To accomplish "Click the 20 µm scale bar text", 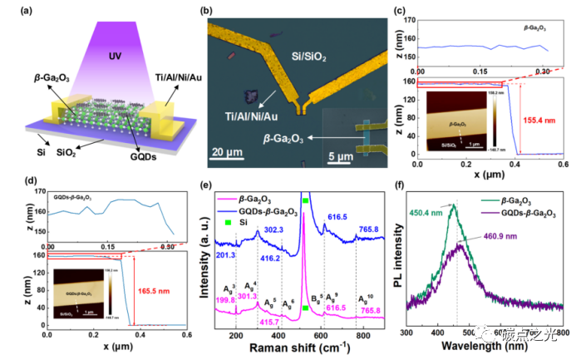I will (231, 153).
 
